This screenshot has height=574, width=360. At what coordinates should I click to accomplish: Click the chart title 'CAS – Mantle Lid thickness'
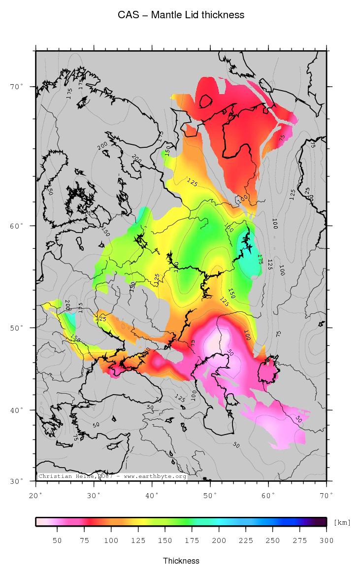coord(181,15)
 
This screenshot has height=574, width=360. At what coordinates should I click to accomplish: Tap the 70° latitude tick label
coord(17,87)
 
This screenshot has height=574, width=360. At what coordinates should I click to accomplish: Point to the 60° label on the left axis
coord(17,226)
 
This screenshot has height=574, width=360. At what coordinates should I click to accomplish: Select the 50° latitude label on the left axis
coord(17,328)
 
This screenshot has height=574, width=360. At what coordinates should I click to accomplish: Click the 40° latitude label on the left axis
coord(17,410)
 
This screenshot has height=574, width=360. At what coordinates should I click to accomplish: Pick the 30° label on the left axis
coord(17,481)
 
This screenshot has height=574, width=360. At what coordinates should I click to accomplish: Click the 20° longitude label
coord(36,494)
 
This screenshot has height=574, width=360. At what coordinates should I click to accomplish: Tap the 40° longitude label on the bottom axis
coord(152,494)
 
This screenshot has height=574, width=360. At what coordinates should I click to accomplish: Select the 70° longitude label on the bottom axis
coord(327,494)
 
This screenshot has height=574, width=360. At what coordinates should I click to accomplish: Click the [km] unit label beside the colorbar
coord(342,522)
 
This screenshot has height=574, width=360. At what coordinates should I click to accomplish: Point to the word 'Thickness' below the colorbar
coord(181,561)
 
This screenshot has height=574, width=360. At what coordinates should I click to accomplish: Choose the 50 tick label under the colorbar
coord(57,540)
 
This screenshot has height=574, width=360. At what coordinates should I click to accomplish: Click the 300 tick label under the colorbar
coord(327,540)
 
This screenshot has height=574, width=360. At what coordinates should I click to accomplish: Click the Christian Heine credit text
coord(112,476)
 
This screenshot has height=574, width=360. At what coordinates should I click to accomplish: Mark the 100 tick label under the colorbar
coord(111,540)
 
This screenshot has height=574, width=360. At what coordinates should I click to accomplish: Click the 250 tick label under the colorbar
coord(273,540)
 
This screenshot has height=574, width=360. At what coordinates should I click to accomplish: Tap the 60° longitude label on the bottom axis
coord(268,494)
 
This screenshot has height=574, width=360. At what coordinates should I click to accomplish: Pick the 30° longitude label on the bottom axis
coord(94,494)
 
